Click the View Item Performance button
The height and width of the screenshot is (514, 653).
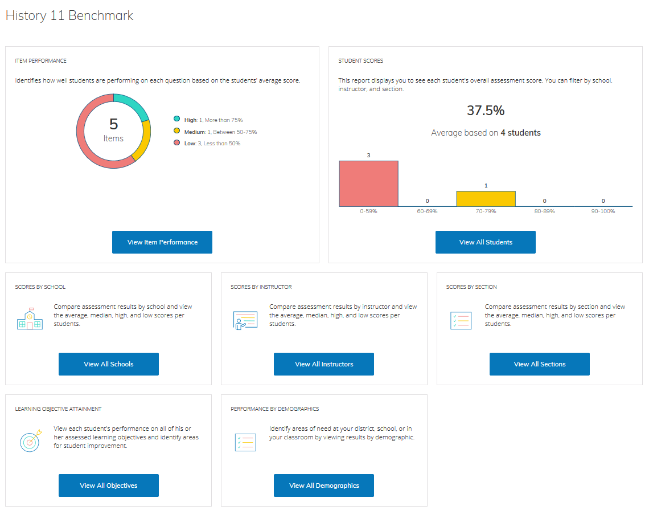(x=162, y=242)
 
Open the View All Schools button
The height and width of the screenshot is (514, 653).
(x=109, y=364)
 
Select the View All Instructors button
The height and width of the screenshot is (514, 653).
(x=324, y=364)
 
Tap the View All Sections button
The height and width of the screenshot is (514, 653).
(x=540, y=364)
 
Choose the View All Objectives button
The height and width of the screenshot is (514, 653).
(x=109, y=486)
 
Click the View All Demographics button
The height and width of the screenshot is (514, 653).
(x=324, y=486)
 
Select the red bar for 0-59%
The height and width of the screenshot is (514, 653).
(x=368, y=183)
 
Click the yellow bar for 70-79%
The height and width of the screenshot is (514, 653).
(x=486, y=199)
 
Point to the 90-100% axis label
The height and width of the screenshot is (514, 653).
(x=603, y=211)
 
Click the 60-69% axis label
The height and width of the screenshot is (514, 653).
(x=427, y=211)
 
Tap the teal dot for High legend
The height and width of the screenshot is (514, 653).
(x=177, y=119)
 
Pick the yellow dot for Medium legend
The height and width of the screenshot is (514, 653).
(x=177, y=132)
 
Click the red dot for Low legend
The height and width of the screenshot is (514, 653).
(x=177, y=143)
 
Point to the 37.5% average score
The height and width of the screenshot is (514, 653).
(x=486, y=111)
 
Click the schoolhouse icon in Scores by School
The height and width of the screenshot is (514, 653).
(x=30, y=320)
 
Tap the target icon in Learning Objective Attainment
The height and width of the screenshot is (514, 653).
(x=30, y=441)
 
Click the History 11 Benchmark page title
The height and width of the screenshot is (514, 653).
(x=69, y=15)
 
